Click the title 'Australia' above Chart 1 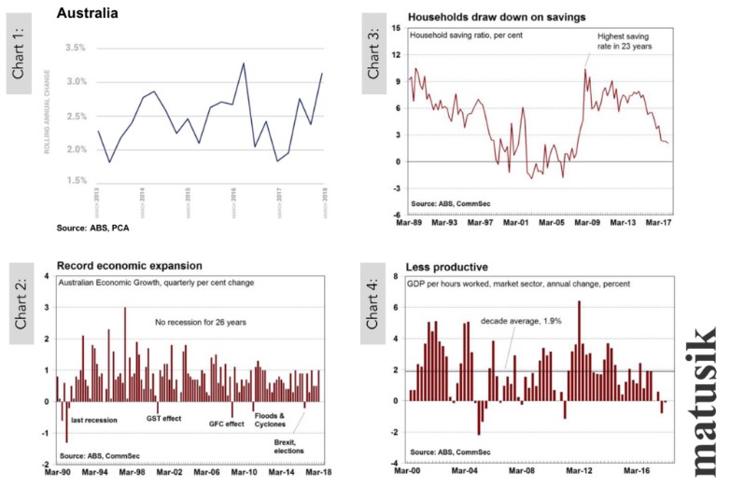[87, 12]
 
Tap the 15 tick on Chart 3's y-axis [397, 29]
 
